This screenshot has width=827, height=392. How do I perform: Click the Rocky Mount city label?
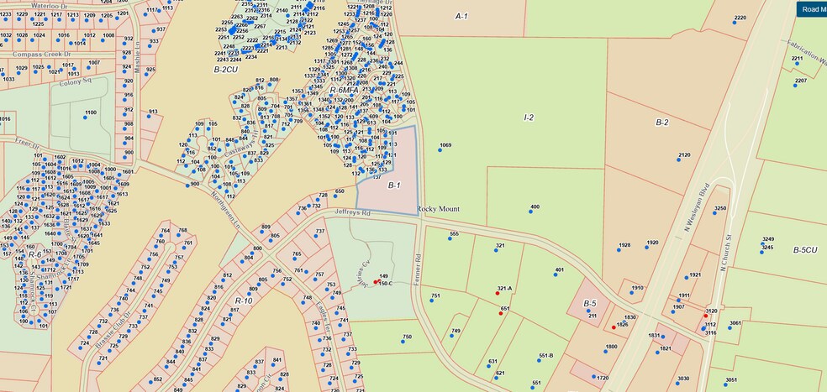pos(439,209)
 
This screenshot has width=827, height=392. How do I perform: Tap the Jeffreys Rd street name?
pos(354,213)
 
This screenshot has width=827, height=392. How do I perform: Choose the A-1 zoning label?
pos(461,17)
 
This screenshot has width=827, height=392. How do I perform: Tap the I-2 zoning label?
pos(529,118)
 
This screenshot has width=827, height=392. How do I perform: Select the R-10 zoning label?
pos(244,301)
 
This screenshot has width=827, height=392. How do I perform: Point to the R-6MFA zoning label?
pos(345,90)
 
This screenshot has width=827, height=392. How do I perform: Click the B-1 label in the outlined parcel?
pos(394,186)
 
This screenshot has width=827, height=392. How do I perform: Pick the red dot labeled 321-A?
pos(498,294)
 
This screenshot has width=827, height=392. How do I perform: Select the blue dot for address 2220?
pos(734,23)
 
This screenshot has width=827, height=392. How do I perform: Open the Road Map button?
pos(811,9)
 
